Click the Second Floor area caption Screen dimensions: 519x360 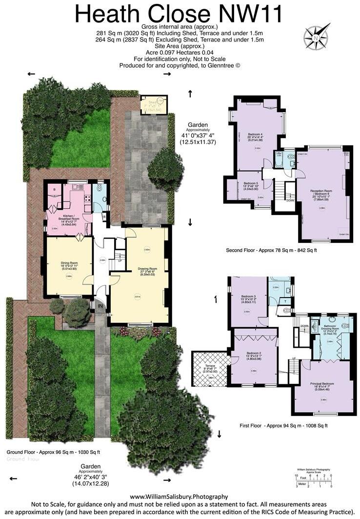271,250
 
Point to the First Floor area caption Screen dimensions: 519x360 283,426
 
